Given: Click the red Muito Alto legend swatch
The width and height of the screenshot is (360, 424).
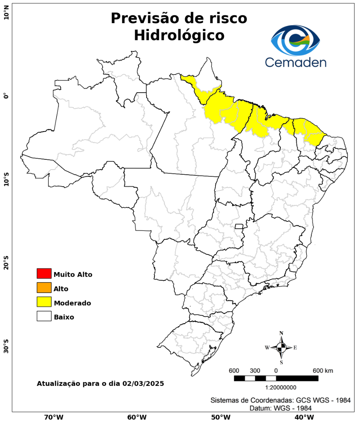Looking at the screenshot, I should pos(44,273).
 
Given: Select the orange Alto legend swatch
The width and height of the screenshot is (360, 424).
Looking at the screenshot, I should pos(44,288).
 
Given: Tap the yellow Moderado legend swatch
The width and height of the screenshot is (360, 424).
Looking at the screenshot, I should pos(44,302).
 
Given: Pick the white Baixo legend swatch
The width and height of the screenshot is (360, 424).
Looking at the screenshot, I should pos(44,316).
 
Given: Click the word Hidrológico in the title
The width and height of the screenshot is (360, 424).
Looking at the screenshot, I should pos(179,35).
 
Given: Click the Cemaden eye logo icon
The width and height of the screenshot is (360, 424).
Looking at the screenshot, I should pos(296,40).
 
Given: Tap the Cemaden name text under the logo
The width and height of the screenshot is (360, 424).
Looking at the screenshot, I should pos(296,62).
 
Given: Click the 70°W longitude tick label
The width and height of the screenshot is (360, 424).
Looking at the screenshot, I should pos(54,417).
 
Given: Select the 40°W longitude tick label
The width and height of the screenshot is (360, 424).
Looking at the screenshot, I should pos(303,417).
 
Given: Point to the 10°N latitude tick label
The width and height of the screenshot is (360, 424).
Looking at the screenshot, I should pos(6,15).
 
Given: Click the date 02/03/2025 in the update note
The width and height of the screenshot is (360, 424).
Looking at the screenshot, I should pos(143,383).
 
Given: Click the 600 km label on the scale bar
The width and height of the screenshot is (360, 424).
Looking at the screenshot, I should pos(323,371).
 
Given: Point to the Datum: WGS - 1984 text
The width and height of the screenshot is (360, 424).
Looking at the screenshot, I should pos(281,408).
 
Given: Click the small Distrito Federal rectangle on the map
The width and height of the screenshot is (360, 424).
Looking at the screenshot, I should pos(239,226).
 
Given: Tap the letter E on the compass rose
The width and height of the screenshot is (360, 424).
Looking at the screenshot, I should pos(295,347).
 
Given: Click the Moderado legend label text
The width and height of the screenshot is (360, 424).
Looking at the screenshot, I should pos(73,303).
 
